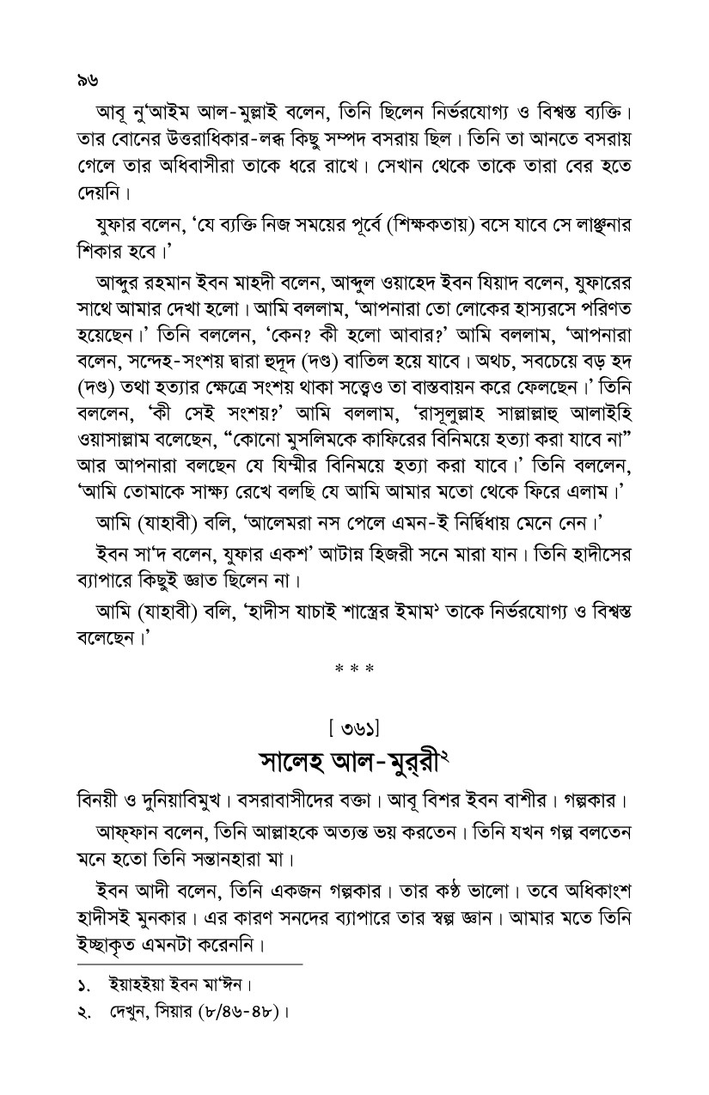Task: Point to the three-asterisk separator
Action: pyautogui.click(x=354, y=666)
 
